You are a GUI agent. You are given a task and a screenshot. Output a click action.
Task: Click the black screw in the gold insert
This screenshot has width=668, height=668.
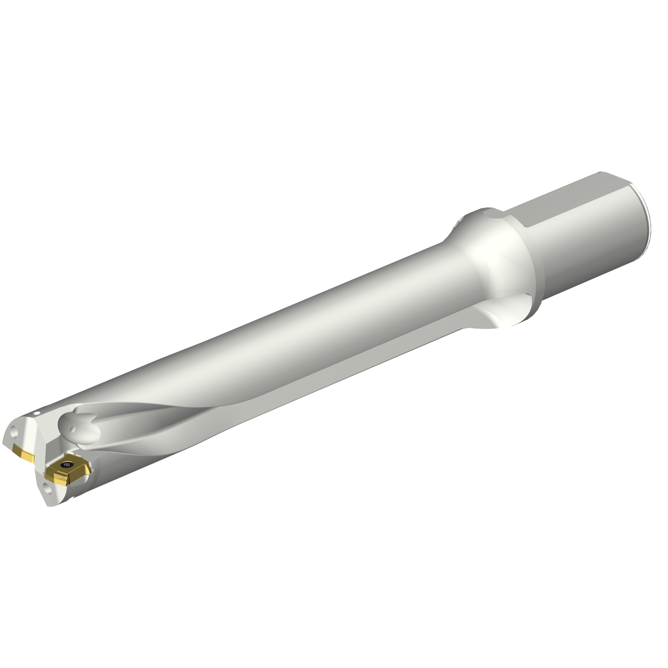tap(68, 465)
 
